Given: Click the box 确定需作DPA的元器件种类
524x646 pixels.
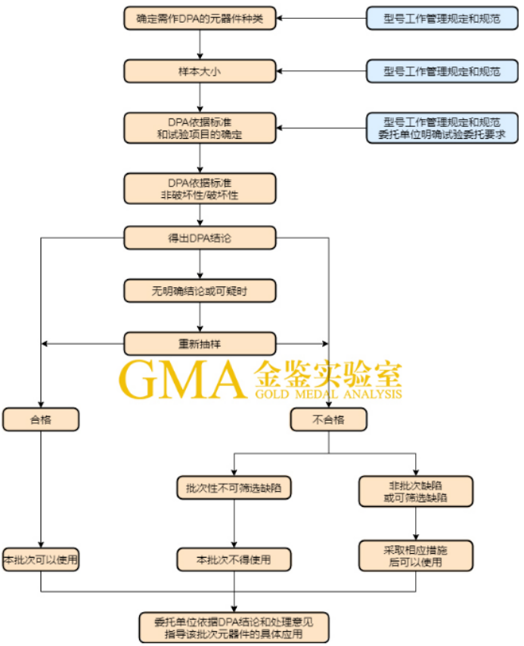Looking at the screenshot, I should (200, 16).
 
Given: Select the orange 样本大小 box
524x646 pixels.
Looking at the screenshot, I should (200, 71).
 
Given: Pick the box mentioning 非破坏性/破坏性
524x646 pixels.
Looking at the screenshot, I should (200, 188).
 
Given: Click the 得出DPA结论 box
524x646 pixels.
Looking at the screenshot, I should (200, 238).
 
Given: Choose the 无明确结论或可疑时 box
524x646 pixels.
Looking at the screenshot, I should (200, 290).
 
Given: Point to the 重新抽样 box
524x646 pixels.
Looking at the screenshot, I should (200, 344).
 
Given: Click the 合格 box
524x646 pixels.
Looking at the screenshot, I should (40, 419).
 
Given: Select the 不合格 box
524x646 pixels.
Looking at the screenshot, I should (329, 419).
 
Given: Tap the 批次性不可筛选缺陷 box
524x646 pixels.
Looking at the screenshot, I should (234, 487).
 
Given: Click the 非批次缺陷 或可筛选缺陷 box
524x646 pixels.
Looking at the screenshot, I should (415, 490).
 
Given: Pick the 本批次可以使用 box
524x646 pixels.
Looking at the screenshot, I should (40, 560).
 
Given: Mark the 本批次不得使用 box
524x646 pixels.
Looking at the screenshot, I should (234, 560).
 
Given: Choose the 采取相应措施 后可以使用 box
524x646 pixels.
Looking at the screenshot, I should (415, 555).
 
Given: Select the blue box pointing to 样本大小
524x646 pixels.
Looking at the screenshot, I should (442, 71).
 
